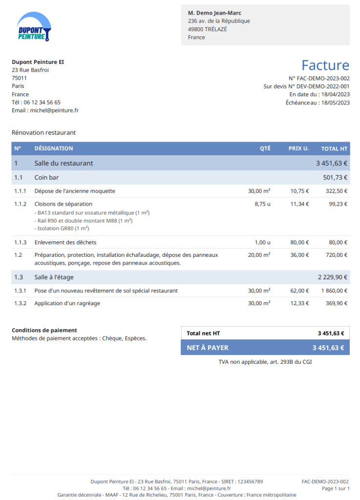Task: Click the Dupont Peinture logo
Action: coord(33,26)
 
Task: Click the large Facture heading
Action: coord(325,65)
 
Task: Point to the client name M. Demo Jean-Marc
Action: coord(214,13)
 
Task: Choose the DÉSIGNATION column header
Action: coord(54,148)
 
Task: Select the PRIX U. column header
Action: coord(298,148)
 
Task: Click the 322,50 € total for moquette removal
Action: coord(337,191)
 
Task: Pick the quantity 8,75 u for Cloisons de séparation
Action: coord(262,204)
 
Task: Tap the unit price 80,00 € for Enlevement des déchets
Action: coord(300,242)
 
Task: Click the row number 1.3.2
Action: coord(20,303)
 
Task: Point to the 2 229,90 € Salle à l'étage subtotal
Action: coord(333,277)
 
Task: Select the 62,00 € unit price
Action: coord(300,291)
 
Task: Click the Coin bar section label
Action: coord(46,177)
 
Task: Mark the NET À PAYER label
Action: coord(208,348)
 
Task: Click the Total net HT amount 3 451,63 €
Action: coord(331,333)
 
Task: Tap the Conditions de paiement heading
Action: coord(44,330)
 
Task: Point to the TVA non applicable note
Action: coord(265,362)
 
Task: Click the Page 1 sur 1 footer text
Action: coord(336,488)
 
